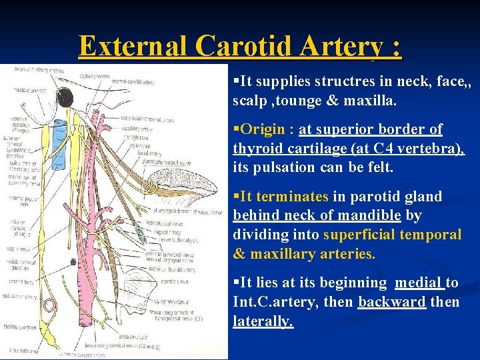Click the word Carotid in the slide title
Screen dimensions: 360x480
(245, 47)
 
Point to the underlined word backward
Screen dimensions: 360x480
(391, 302)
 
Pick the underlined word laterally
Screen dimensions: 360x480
(263, 321)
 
